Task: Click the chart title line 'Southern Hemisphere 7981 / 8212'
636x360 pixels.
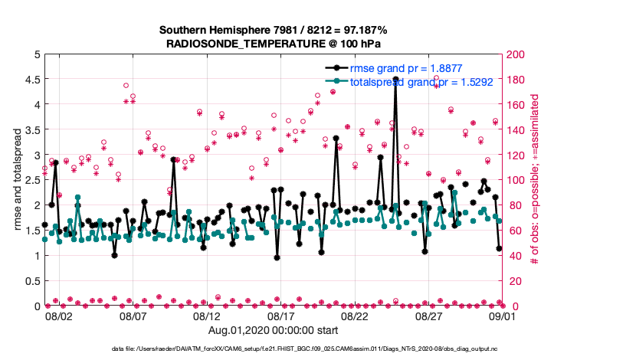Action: tap(273, 30)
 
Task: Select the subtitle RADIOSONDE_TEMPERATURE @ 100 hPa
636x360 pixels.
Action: tap(273, 44)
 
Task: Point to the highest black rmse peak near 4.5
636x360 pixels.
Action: tap(395, 79)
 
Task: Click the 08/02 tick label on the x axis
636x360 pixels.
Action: tap(59, 316)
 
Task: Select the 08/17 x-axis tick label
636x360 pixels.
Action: tap(280, 316)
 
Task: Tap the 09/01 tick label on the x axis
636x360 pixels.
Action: tap(502, 316)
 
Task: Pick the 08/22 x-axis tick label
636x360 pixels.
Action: tap(355, 316)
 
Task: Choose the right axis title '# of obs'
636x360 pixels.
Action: tap(534, 180)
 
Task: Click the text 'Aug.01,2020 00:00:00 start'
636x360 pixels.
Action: tap(273, 330)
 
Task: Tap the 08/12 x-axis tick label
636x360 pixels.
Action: tap(207, 316)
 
